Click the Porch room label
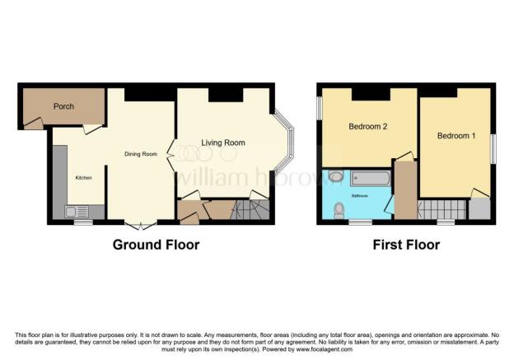[63, 106]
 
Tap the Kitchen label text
[83, 178]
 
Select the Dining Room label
[141, 154]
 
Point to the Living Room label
[223, 143]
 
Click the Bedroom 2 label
[368, 126]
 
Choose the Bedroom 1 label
[456, 135]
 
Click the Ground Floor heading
[156, 245]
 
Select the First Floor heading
[406, 245]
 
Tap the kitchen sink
[77, 212]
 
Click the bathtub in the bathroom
[371, 179]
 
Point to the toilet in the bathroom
[339, 211]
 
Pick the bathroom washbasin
[335, 176]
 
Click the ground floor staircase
[250, 209]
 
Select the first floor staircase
[442, 209]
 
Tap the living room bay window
[284, 142]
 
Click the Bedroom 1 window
[493, 148]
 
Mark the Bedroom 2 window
[320, 108]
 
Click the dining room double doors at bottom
[141, 226]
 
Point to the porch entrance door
[34, 123]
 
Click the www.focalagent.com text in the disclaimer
[325, 349]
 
